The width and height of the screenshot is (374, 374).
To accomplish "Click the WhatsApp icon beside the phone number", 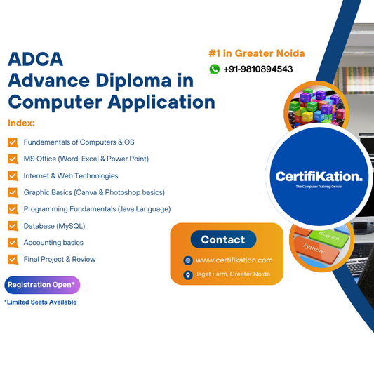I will [x=215, y=69].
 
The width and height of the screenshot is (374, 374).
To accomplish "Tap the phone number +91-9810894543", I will [x=258, y=69].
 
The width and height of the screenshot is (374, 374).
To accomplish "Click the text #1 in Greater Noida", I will [x=256, y=53].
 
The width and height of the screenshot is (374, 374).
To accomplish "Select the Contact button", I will [x=223, y=239].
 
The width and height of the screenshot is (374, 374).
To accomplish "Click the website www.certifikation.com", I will [x=234, y=260].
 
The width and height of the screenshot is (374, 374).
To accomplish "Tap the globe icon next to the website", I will [x=188, y=260].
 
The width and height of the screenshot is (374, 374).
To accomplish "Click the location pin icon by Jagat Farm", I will [x=188, y=275].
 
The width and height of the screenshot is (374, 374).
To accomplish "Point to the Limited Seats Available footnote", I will [x=40, y=302].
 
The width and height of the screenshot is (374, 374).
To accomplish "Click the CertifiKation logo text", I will [x=319, y=176].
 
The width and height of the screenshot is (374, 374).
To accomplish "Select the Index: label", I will [x=22, y=123].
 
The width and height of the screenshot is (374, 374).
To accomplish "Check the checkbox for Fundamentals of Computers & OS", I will [x=13, y=142].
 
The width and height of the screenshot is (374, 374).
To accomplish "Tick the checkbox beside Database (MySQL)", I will [x=13, y=226].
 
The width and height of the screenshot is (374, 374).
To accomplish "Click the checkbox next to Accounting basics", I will [x=13, y=243].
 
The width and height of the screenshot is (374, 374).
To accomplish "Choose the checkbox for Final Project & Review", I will [x=13, y=260].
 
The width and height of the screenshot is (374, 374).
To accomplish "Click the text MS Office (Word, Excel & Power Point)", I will [x=86, y=159].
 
